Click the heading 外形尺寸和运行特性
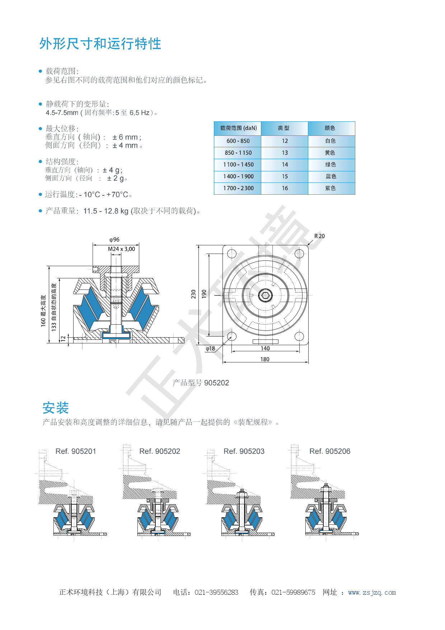coord(100,44)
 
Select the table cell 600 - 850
coord(238,141)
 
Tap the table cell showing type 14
coord(285,165)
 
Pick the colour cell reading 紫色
coord(331,188)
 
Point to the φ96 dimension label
coord(114,240)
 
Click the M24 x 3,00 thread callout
coord(121,249)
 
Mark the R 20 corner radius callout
coord(319,236)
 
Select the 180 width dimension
coord(265,359)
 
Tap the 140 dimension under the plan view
coord(265,348)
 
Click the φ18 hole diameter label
coord(210,348)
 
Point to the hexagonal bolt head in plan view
coord(265,296)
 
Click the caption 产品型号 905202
coord(201,383)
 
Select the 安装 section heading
coord(56,408)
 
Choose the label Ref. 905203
coord(244,451)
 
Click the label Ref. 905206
coord(329,451)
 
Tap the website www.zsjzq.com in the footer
coord(372,593)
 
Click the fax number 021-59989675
coord(293,593)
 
